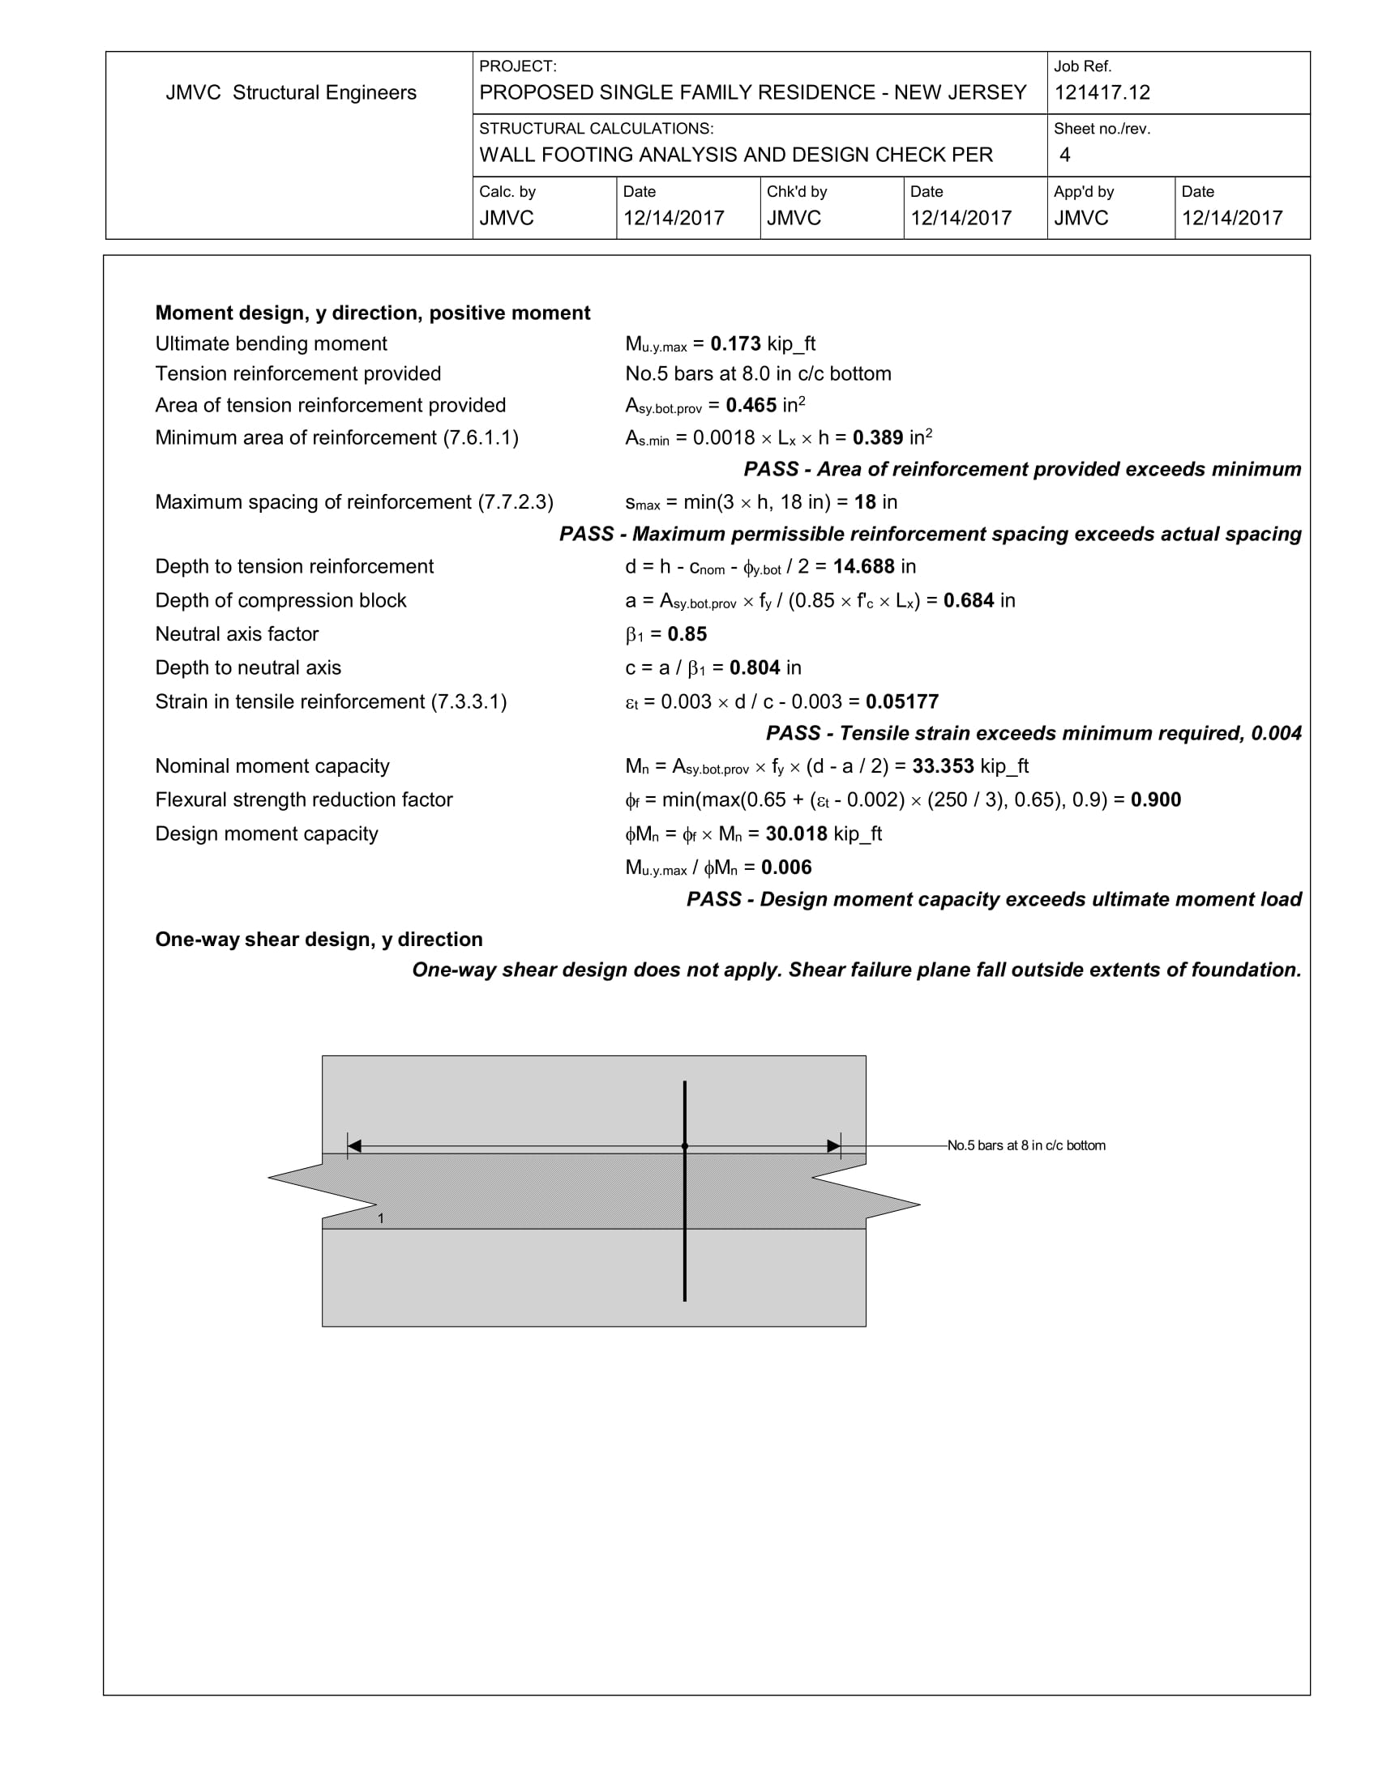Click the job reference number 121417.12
coord(1102,92)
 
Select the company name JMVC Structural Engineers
coord(291,92)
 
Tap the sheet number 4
coord(1064,155)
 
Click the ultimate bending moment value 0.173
coord(734,343)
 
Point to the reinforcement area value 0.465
coord(751,406)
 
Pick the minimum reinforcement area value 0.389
coord(878,438)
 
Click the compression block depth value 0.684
coord(968,600)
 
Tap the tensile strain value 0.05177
coord(901,701)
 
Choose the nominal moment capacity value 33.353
coord(943,766)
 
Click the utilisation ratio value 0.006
coord(786,868)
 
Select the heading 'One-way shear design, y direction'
coord(319,939)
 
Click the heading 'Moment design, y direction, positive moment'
coord(372,313)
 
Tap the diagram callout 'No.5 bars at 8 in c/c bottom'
coord(1026,1145)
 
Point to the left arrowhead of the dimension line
coord(354,1146)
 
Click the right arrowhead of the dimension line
coord(833,1146)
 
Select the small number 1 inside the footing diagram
coord(380,1219)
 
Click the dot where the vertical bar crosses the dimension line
coord(684,1146)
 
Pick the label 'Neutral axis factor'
coord(237,634)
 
